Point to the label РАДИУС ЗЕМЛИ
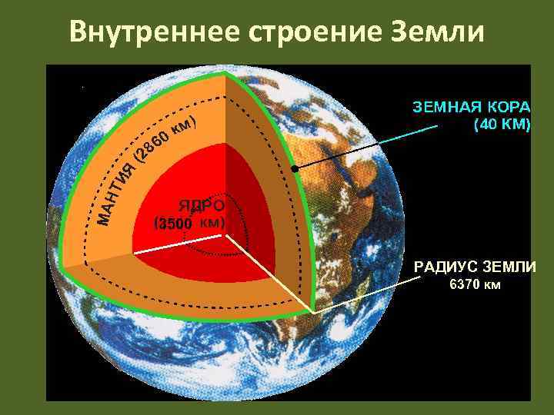(476, 267)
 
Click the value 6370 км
(475, 286)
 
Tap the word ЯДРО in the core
(202, 206)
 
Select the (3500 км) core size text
(189, 224)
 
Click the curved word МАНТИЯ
(116, 194)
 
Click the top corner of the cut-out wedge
(224, 74)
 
